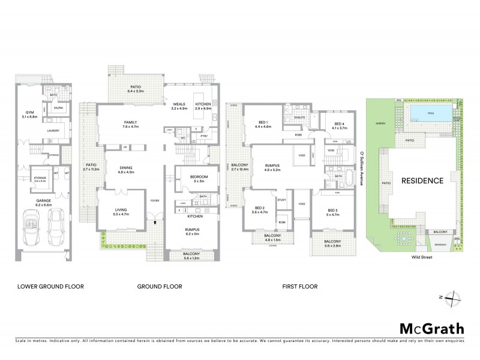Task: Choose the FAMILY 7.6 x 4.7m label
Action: [x=130, y=124]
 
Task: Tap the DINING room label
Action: [x=126, y=170]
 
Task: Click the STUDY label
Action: [x=282, y=199]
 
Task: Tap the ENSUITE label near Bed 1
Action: [x=300, y=118]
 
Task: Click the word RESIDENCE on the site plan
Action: [x=422, y=181]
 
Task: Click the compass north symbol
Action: [x=455, y=297]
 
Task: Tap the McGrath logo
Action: [x=431, y=328]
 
